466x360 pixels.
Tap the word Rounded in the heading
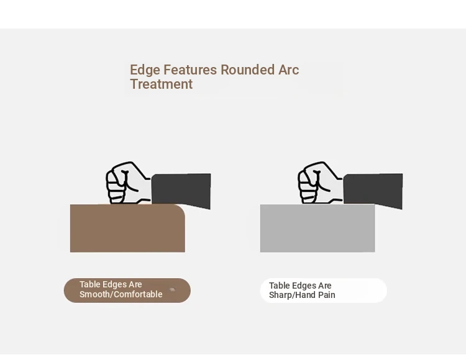pyautogui.click(x=248, y=70)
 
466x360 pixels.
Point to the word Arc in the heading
pyautogui.click(x=288, y=70)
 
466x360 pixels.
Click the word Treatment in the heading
pyautogui.click(x=162, y=84)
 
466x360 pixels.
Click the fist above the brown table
pyautogui.click(x=129, y=183)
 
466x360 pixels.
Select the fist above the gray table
pyautogui.click(x=321, y=183)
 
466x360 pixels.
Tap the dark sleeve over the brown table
pyautogui.click(x=181, y=191)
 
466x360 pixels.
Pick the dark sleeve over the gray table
pyautogui.click(x=373, y=191)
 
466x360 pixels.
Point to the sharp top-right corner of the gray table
pyautogui.click(x=375, y=204)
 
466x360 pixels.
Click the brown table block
pyautogui.click(x=127, y=228)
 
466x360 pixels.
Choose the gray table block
pyautogui.click(x=318, y=228)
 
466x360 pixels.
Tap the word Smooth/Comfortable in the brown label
pyautogui.click(x=121, y=294)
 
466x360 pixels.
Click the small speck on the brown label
pyautogui.click(x=172, y=290)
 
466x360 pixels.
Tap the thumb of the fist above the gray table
pyautogui.click(x=319, y=180)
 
